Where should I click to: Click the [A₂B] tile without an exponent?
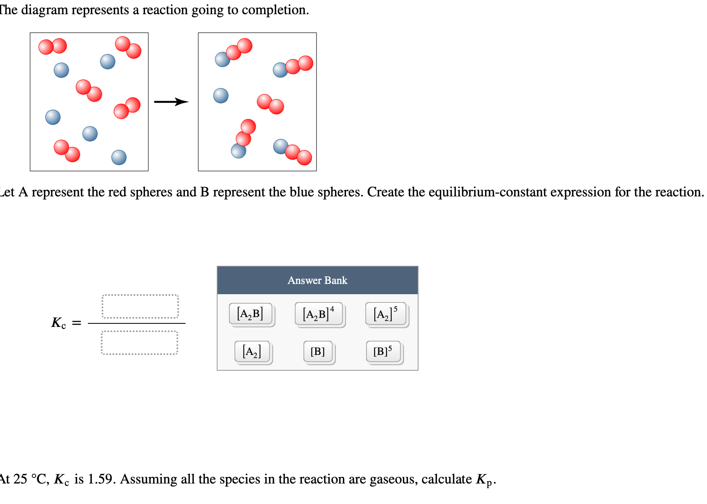tap(250, 314)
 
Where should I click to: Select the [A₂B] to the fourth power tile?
tap(318, 314)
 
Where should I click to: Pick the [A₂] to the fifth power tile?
tap(385, 314)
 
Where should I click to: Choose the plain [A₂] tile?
tap(252, 351)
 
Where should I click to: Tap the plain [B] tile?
tap(318, 351)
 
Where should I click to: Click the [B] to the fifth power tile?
tap(383, 351)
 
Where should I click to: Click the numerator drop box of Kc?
tap(140, 306)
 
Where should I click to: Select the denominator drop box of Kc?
tap(140, 343)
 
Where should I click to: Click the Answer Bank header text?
tap(317, 280)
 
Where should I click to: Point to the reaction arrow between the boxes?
tap(171, 102)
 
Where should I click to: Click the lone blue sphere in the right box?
tap(221, 95)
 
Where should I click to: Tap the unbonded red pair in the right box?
tap(270, 104)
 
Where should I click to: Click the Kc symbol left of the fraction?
tap(58, 323)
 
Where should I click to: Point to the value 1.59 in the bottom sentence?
tap(100, 479)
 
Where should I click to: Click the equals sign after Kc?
tap(76, 323)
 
